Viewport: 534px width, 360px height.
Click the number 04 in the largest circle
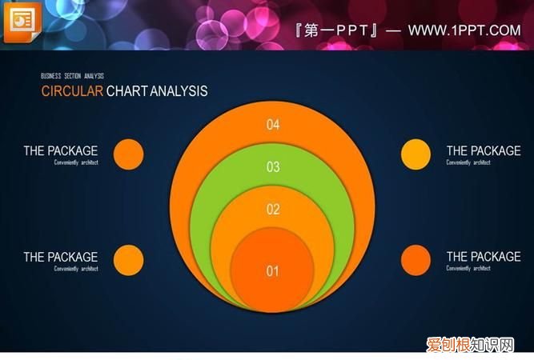(x=273, y=124)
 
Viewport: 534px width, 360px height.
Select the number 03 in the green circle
(x=273, y=167)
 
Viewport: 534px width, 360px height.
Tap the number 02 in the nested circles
(x=273, y=210)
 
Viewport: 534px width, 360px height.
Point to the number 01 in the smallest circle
(x=273, y=271)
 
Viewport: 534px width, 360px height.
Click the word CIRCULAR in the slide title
(x=72, y=91)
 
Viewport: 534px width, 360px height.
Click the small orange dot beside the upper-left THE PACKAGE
(x=128, y=154)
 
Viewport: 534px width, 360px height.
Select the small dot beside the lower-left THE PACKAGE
(x=128, y=260)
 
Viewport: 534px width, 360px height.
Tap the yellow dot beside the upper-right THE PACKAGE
(x=416, y=154)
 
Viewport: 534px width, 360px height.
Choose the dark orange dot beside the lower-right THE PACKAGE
(x=416, y=260)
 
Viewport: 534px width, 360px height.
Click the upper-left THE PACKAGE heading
(x=61, y=150)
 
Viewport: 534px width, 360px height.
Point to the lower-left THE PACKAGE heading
(x=61, y=257)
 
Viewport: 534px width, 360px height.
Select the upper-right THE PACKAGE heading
(x=483, y=150)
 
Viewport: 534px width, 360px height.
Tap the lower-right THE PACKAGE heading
(x=483, y=257)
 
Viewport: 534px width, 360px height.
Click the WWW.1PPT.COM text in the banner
(x=464, y=30)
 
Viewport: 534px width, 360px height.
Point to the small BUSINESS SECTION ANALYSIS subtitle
(x=72, y=76)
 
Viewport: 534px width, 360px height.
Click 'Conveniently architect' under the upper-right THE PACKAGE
(x=468, y=162)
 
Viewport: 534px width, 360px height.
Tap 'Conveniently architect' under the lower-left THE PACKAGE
(x=76, y=269)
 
